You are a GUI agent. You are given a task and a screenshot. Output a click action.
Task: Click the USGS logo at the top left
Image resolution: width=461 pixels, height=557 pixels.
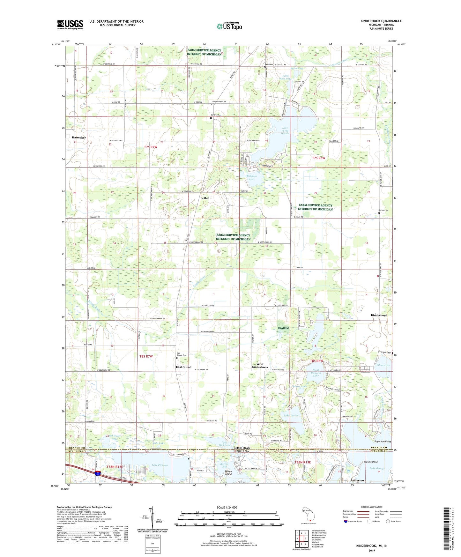pos(70,24)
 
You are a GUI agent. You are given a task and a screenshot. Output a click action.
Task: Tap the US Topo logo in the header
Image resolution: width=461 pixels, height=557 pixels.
pos(229,26)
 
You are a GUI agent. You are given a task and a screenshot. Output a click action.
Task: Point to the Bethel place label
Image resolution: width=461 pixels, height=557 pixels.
pos(205,198)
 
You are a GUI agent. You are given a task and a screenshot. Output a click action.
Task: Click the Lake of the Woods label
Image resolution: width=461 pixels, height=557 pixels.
pos(285,131)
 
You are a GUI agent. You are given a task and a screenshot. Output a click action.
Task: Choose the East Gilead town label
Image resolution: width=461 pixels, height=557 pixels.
pos(184,367)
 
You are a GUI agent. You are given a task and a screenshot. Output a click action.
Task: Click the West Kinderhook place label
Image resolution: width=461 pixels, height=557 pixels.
pos(260,366)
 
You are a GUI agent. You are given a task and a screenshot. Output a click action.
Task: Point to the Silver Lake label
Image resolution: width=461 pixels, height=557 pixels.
pos(383,365)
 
